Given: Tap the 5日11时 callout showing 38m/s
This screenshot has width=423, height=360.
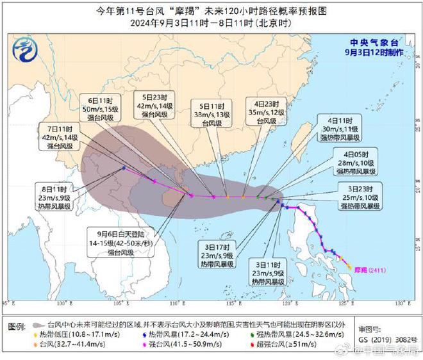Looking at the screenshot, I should pos(210,111).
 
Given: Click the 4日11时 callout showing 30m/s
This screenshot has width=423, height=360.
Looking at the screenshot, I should pos(339,129).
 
